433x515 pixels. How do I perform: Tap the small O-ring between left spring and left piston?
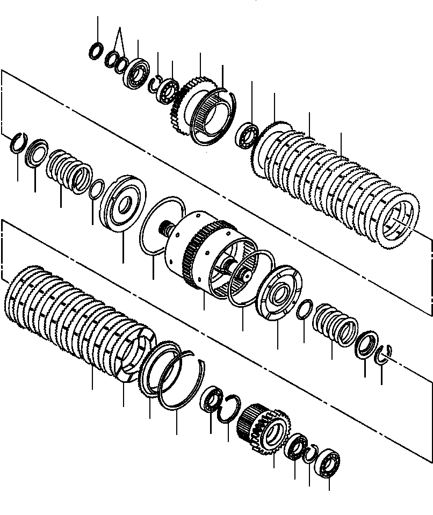tap(97, 188)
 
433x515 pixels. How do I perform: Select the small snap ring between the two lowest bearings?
tap(310, 455)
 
